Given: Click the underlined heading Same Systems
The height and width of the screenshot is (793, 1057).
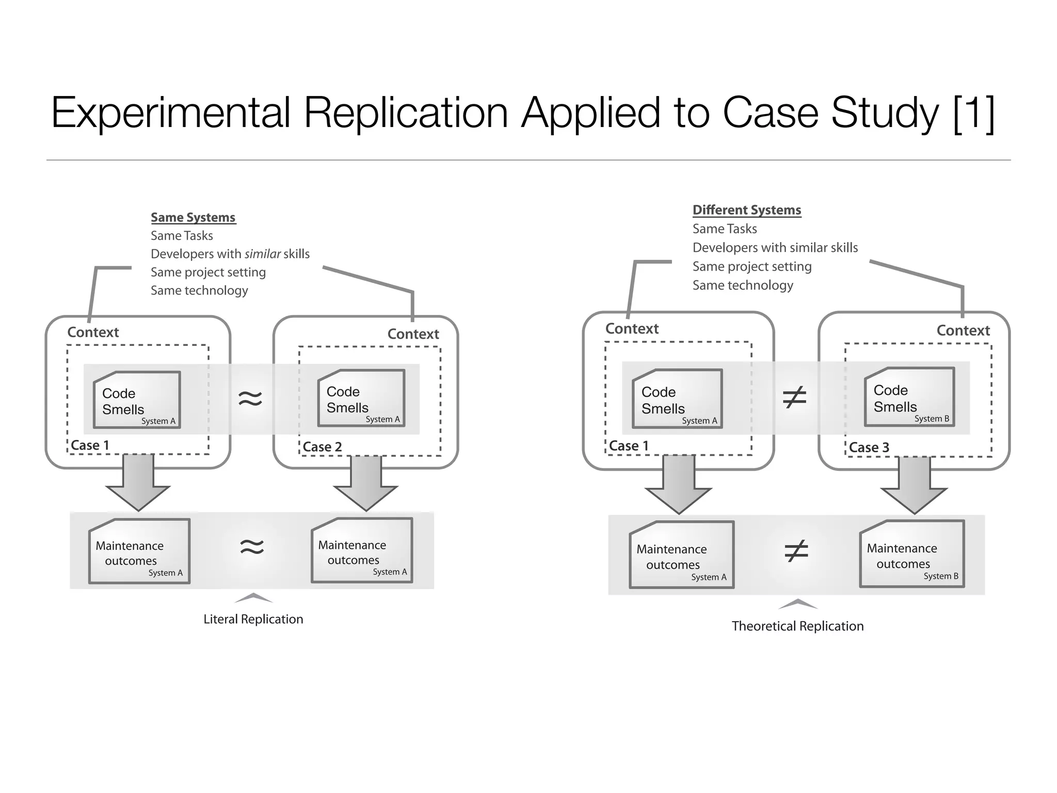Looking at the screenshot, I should click(193, 217).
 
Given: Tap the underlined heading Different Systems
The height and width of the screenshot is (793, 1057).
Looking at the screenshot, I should click(746, 210).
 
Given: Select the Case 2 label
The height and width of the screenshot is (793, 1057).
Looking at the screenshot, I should click(322, 447).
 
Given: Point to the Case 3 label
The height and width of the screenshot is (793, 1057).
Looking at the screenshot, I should click(869, 448).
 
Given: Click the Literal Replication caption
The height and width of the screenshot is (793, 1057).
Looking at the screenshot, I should click(253, 619).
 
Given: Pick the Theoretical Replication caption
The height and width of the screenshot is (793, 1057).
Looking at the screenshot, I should click(797, 626).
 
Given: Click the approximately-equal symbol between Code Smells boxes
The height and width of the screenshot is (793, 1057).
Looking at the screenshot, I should click(250, 398).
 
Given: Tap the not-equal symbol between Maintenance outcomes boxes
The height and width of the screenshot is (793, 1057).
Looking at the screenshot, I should click(796, 551).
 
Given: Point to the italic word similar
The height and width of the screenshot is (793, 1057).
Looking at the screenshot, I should click(263, 254).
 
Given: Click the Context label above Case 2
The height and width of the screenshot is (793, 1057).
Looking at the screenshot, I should click(413, 334).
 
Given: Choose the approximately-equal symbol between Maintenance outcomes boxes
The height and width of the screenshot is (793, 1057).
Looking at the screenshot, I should click(252, 547).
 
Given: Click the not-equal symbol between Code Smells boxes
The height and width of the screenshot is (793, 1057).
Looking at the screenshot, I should click(794, 398).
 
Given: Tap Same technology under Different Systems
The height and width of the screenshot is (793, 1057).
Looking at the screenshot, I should click(742, 286).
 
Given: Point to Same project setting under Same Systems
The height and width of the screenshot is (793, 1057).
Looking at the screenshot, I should click(208, 273).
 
